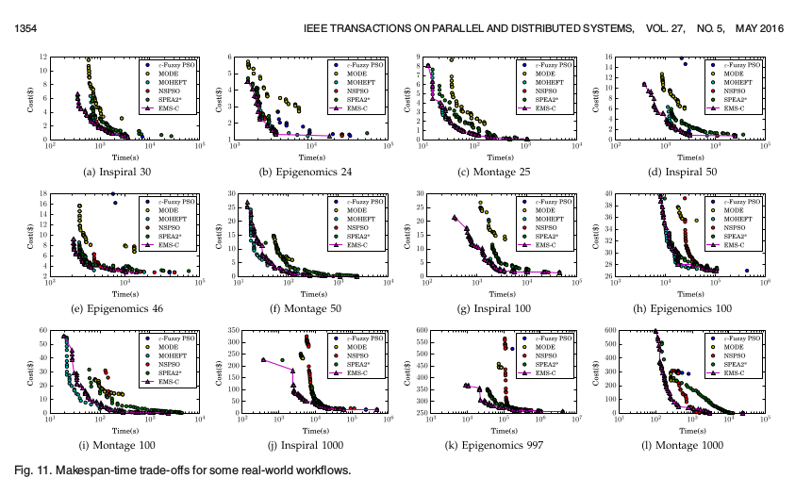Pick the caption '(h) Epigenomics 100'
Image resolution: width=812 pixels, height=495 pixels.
683,308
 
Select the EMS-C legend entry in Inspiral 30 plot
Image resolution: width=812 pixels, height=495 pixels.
173,108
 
